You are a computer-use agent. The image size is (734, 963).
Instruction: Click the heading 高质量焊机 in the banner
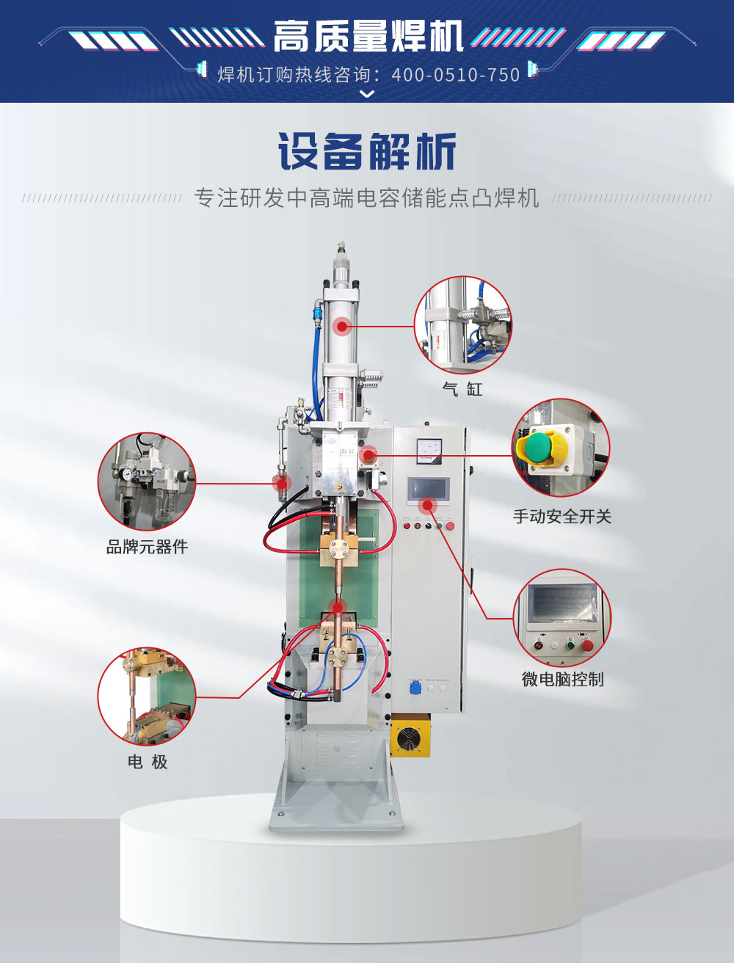point(368,37)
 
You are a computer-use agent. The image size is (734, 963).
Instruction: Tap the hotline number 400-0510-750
point(456,75)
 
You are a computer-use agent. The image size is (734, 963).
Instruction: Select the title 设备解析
point(367,151)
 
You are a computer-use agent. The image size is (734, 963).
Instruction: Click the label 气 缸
point(462,389)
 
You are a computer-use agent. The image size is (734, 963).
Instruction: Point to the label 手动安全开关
point(562,517)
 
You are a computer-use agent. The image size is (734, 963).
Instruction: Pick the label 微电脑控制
point(562,680)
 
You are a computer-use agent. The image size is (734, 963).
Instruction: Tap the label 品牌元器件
point(147,547)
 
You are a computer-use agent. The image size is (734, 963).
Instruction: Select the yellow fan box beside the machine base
point(410,735)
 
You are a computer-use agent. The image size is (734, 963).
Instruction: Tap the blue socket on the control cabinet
point(415,688)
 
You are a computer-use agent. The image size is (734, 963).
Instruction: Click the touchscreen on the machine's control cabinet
point(428,489)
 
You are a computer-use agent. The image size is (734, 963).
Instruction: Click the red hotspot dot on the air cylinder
point(341,327)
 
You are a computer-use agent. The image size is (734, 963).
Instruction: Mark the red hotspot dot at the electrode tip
point(337,608)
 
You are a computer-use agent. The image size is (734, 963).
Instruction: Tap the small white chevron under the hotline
point(367,93)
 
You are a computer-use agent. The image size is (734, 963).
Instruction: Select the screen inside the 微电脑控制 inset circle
point(562,603)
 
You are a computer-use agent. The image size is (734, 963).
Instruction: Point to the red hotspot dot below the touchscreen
point(427,506)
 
